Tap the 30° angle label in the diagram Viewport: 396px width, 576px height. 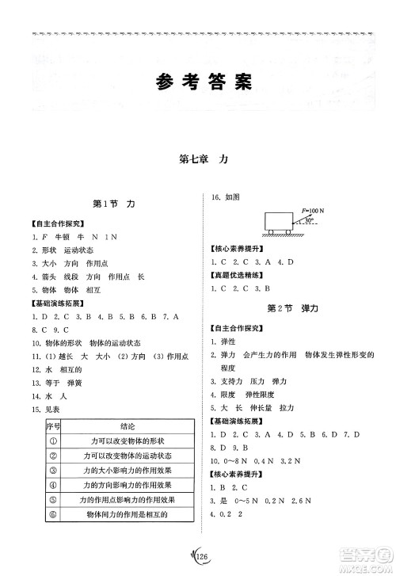310,223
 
